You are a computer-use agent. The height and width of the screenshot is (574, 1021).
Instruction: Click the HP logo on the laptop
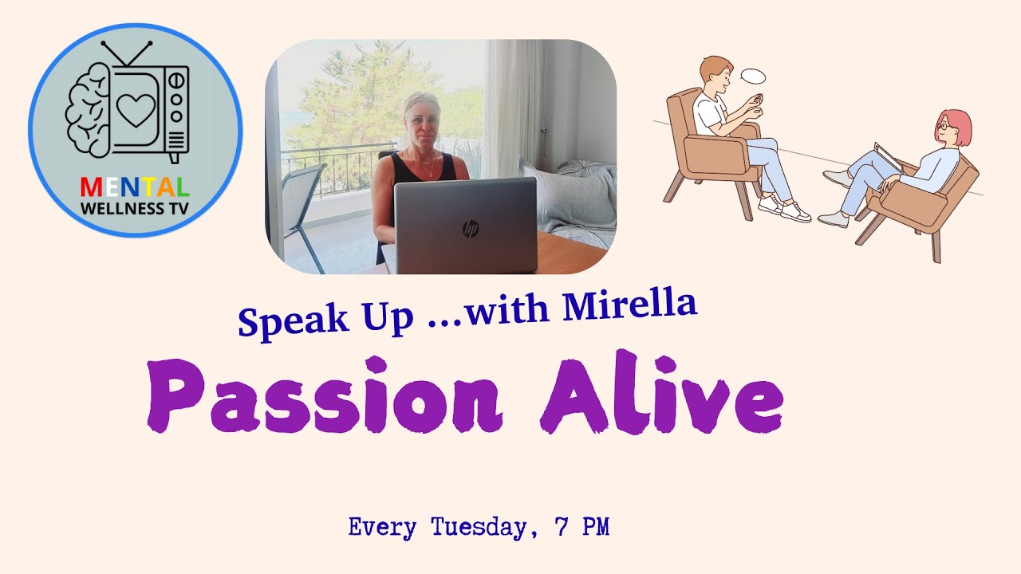pyautogui.click(x=471, y=230)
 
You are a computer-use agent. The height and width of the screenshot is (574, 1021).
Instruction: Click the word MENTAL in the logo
pyautogui.click(x=135, y=188)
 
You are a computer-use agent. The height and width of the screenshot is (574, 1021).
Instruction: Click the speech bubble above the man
pyautogui.click(x=752, y=77)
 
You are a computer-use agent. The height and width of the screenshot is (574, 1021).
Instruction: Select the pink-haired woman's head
pyautogui.click(x=952, y=128)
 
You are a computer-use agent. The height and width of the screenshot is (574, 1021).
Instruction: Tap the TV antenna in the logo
pyautogui.click(x=127, y=52)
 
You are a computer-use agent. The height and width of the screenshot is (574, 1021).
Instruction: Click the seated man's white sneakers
pyautogui.click(x=786, y=210)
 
